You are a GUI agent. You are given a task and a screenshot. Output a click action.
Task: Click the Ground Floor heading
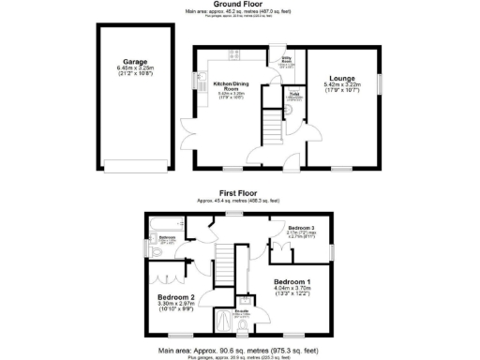pyautogui.click(x=239, y=5)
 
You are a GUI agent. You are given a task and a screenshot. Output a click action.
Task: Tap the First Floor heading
pyautogui.click(x=239, y=194)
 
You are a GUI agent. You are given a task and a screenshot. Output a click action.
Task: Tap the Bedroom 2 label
pyautogui.click(x=175, y=297)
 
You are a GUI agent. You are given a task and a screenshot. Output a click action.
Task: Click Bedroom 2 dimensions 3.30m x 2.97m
pyautogui.click(x=175, y=304)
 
